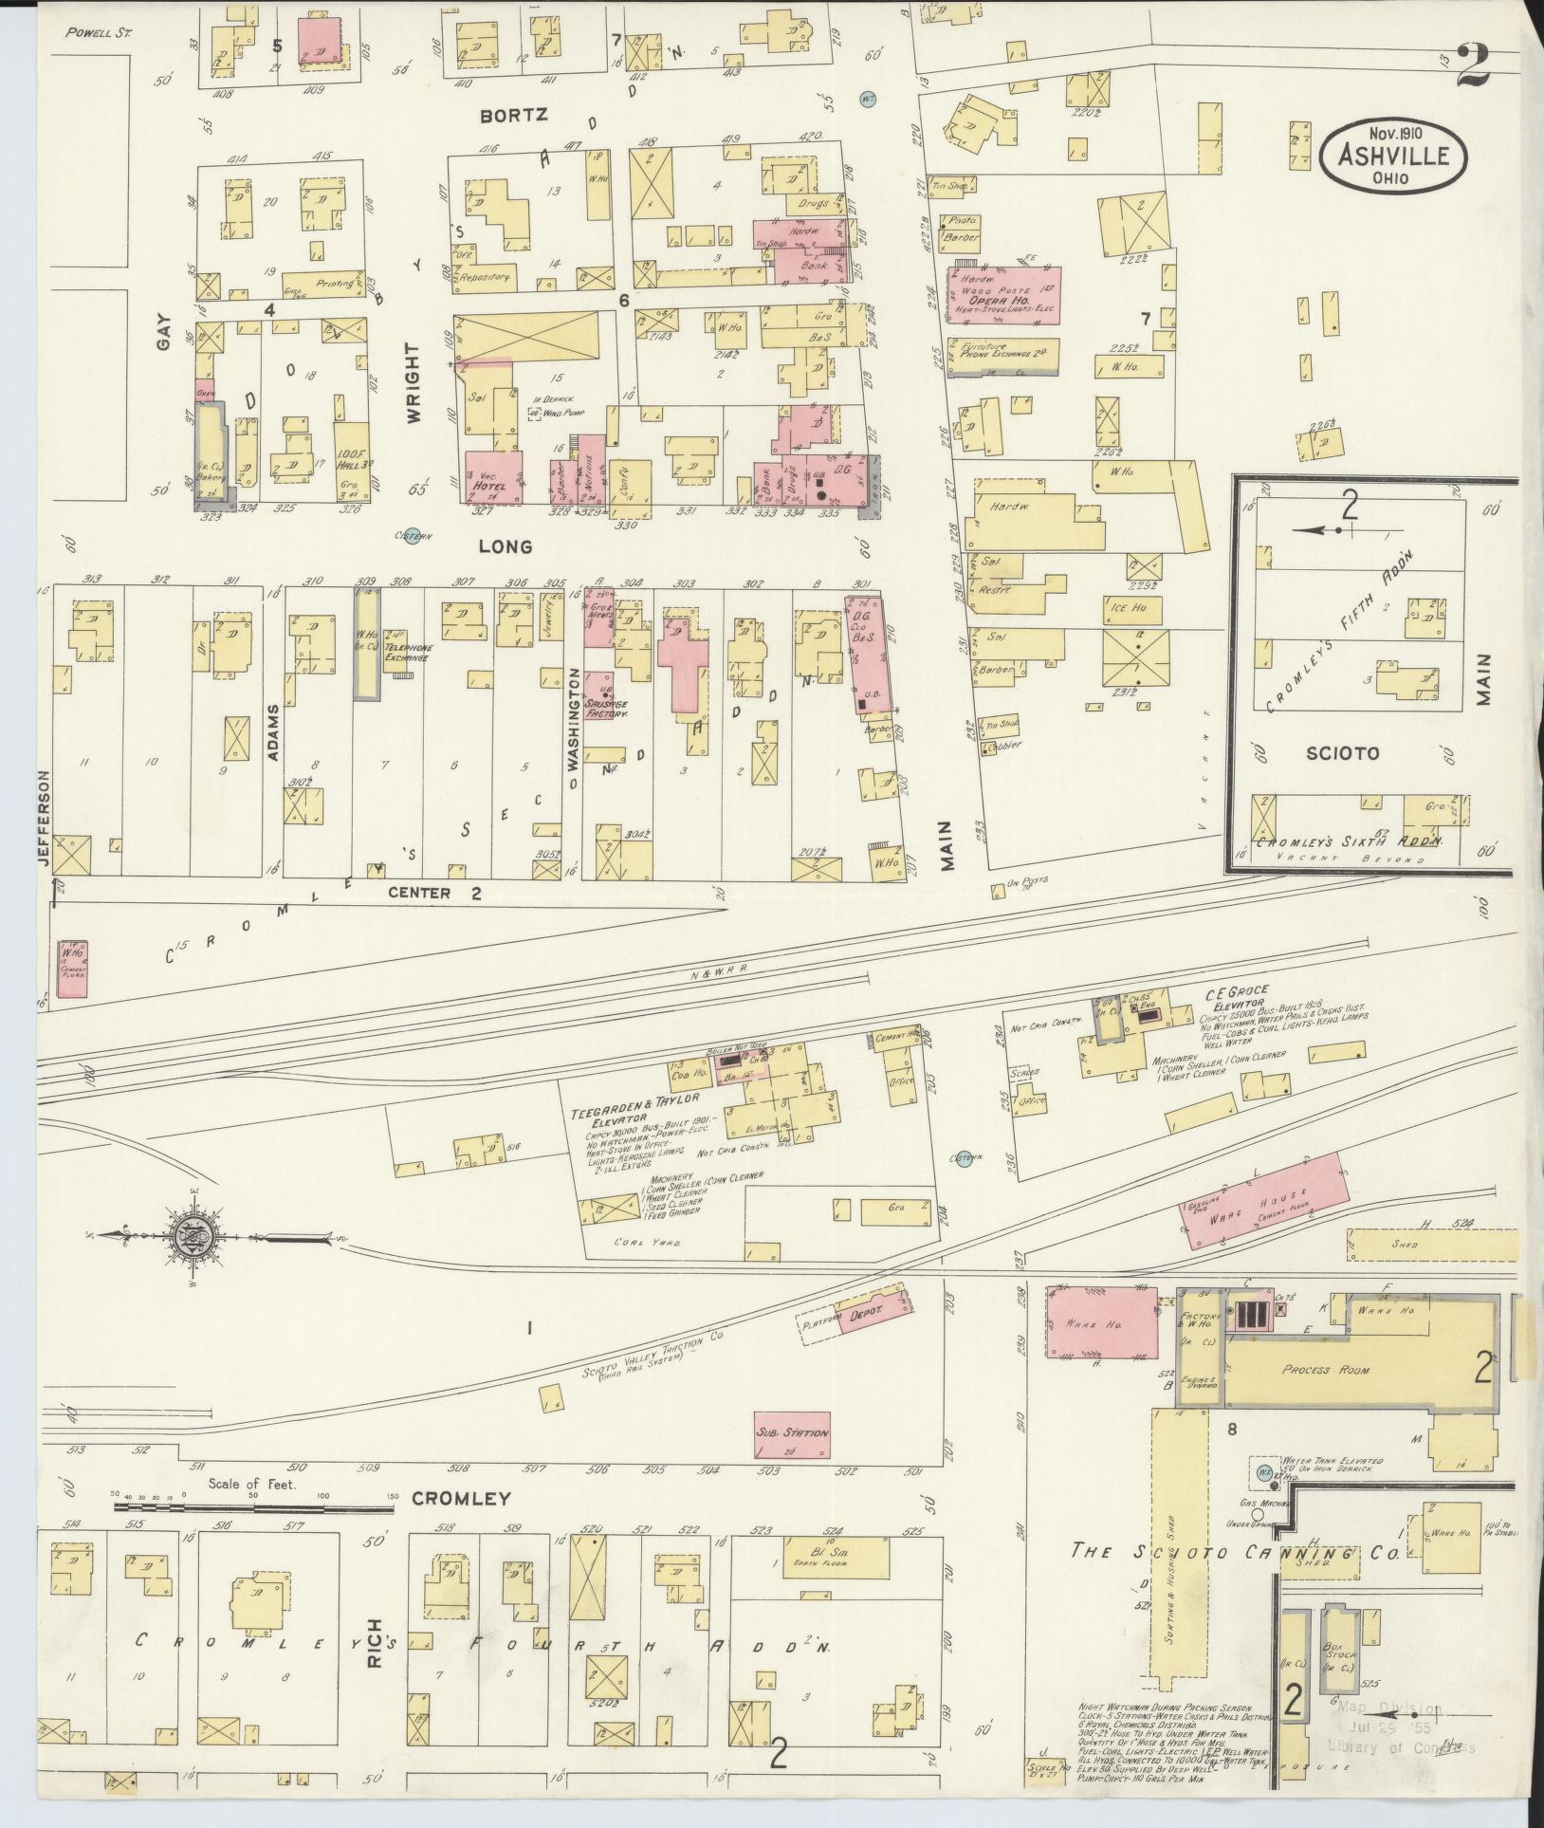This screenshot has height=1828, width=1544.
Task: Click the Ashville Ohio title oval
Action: (1391, 154)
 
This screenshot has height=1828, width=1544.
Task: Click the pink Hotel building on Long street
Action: (495, 476)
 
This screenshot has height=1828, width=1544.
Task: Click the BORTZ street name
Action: (513, 115)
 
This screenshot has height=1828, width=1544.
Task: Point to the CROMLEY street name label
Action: (461, 1499)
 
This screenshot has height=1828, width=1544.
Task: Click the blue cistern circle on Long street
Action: (411, 538)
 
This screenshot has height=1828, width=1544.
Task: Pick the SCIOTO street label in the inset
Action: (1341, 753)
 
